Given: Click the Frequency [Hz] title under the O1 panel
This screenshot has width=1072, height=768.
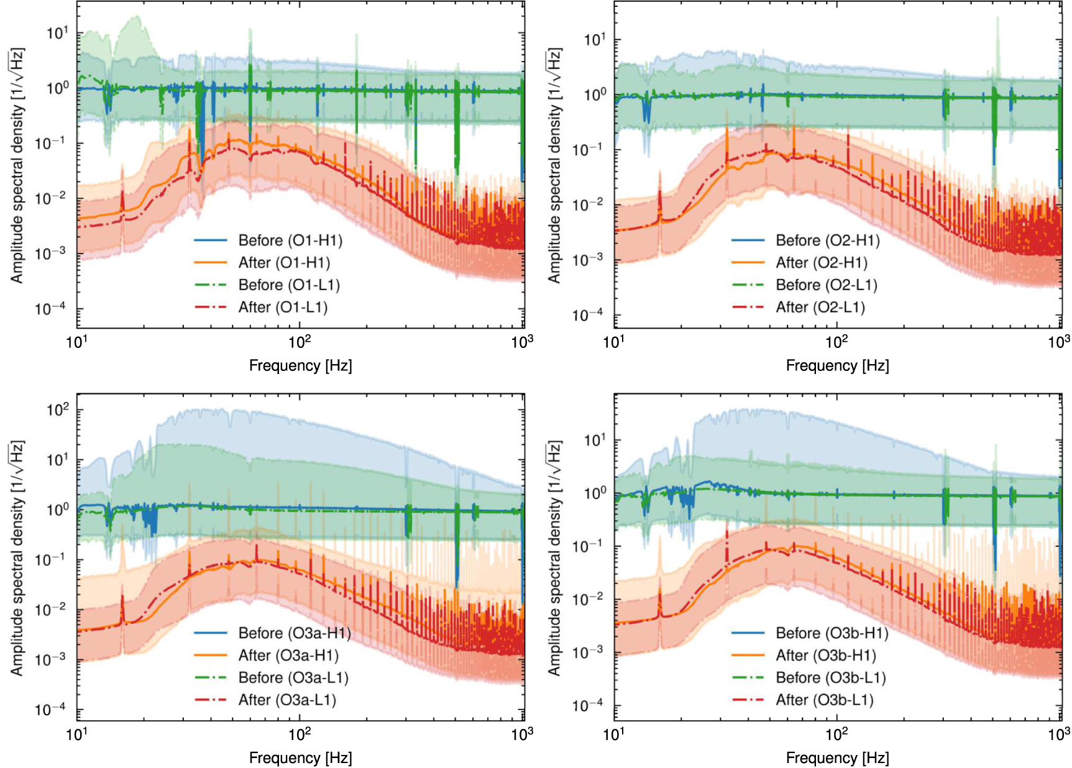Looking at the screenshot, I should (x=300, y=365).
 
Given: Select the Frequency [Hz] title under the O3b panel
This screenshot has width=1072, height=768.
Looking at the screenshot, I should (x=837, y=757).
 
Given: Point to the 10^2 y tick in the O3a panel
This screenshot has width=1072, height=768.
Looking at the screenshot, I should (x=57, y=410).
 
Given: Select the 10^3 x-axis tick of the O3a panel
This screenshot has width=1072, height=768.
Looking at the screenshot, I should (x=522, y=734).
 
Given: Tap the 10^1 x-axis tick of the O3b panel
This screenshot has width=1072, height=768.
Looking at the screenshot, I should (x=614, y=734).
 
